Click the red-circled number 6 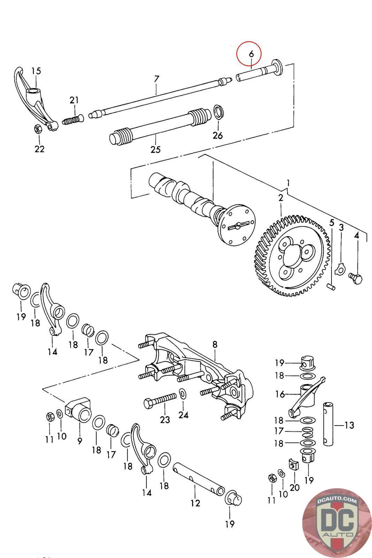[x=251, y=54]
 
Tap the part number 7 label [x=157, y=79]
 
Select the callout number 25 [x=155, y=150]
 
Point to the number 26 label [x=218, y=135]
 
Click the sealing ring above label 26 [x=219, y=112]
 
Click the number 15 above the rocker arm [x=36, y=71]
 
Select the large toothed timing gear [x=292, y=257]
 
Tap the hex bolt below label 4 [x=356, y=278]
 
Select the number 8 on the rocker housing [x=215, y=345]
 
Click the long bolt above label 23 [x=160, y=400]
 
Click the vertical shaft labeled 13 [x=328, y=424]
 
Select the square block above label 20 [x=293, y=463]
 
